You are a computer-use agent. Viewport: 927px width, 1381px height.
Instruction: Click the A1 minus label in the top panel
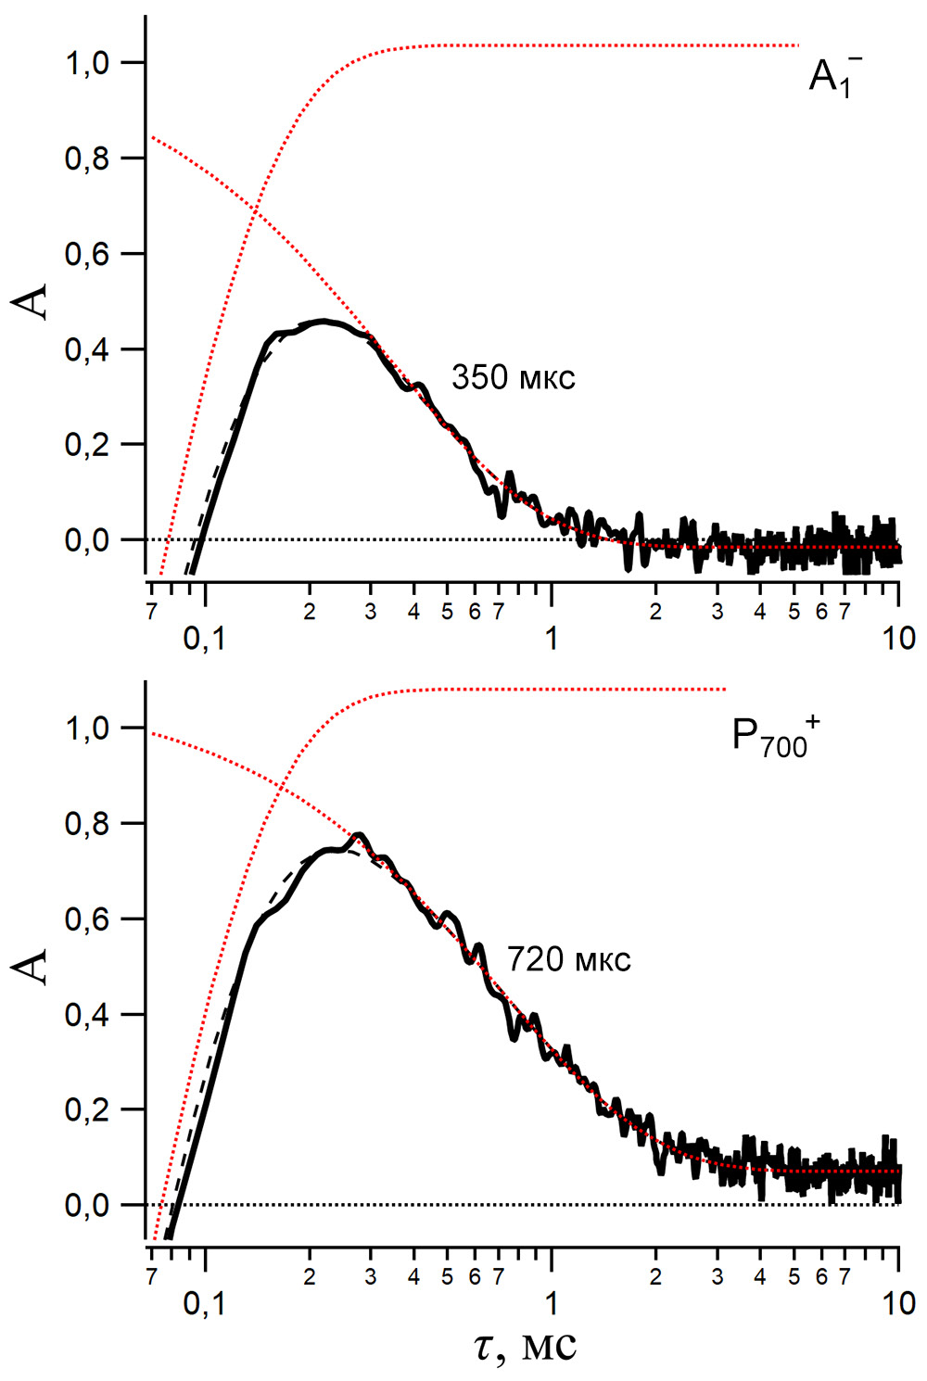(x=834, y=76)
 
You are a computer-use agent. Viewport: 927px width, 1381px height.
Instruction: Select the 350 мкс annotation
(x=513, y=378)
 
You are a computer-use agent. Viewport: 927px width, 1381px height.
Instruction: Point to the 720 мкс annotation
(x=568, y=960)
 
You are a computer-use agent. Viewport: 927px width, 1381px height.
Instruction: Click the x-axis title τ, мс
(x=526, y=1346)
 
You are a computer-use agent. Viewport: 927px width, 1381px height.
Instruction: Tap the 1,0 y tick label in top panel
(x=89, y=64)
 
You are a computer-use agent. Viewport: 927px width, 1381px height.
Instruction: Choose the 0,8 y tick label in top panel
(x=89, y=159)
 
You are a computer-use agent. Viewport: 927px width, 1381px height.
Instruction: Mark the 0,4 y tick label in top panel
(x=89, y=350)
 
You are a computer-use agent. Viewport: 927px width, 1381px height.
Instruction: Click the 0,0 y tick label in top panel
(x=89, y=540)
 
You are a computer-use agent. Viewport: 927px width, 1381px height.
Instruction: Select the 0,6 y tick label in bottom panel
(x=89, y=920)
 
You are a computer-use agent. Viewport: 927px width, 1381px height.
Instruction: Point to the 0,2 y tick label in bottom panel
(x=89, y=1110)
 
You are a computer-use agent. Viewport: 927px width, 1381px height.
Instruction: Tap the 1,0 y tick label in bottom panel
(x=89, y=729)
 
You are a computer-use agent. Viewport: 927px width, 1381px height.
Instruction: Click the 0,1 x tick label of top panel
(x=204, y=639)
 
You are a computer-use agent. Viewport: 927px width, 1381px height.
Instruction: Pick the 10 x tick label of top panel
(x=897, y=639)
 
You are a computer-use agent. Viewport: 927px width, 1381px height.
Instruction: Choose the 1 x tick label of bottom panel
(x=552, y=1304)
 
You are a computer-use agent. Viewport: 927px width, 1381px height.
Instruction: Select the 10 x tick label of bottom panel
(x=897, y=1304)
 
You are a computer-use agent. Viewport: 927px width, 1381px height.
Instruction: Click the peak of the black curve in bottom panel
(x=359, y=835)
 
